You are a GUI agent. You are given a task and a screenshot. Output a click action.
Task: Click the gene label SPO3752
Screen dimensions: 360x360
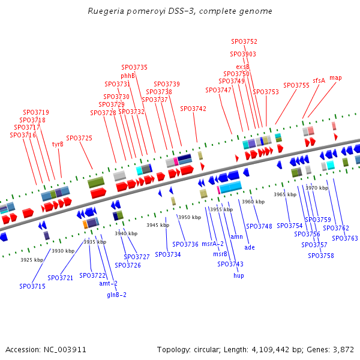(244, 42)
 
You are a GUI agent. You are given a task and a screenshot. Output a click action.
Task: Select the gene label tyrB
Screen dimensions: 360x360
(58, 144)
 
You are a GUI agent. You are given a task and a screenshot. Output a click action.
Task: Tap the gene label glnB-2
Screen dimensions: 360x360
(116, 295)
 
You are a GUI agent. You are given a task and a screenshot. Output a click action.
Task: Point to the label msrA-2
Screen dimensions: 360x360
(212, 244)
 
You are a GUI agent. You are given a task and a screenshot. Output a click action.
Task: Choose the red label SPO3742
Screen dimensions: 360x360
(193, 109)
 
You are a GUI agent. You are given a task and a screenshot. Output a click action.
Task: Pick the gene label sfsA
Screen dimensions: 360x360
(319, 80)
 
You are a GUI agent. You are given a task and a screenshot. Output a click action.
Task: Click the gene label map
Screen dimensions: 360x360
(335, 78)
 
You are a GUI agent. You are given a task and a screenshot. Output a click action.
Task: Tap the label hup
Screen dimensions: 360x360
(239, 275)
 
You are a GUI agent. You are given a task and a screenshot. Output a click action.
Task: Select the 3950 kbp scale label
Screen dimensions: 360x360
(188, 217)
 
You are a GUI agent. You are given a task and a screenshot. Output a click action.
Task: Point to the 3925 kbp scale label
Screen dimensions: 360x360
(32, 260)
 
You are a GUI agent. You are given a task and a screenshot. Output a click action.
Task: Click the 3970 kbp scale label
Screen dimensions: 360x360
(317, 188)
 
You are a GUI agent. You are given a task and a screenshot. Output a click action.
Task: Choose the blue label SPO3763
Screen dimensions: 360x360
(345, 239)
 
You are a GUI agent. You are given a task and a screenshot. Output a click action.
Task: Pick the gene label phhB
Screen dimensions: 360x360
(128, 76)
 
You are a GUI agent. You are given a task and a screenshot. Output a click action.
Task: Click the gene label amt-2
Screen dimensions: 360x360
(108, 283)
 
